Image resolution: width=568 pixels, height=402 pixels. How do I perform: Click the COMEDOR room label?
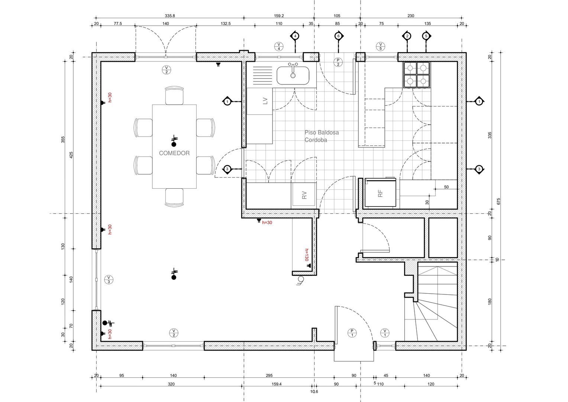pos(174,153)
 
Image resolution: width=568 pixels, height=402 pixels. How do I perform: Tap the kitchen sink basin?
pos(293,75)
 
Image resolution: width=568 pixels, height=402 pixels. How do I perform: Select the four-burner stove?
pos(417,74)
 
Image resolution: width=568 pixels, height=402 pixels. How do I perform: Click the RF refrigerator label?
pos(380,193)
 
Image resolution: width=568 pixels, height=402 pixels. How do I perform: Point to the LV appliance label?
pos(265,101)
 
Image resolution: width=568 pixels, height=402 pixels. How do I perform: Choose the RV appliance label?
pos(304,195)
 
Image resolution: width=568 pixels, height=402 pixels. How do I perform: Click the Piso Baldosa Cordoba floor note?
pos(322,136)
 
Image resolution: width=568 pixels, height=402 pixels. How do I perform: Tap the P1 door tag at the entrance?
pos(351,332)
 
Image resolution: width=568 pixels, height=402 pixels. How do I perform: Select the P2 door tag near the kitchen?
pos(338,62)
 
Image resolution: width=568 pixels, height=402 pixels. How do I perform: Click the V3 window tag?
pos(109,280)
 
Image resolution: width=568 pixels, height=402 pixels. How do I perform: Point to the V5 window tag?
pos(380,46)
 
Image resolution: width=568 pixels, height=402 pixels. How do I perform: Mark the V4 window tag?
pos(279,46)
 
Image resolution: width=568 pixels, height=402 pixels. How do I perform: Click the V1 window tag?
pos(385,332)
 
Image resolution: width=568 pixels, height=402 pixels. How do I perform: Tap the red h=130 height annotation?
pos(307,255)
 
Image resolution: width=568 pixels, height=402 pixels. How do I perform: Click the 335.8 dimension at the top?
pos(170,16)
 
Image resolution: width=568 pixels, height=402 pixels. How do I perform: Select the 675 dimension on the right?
pos(498,201)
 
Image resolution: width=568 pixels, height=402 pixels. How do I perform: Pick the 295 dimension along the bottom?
pos(269,376)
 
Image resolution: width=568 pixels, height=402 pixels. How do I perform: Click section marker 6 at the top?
pos(338,36)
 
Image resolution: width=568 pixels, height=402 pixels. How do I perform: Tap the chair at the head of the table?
pos(174,95)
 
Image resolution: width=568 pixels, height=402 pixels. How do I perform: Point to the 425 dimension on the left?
pos(71,155)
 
